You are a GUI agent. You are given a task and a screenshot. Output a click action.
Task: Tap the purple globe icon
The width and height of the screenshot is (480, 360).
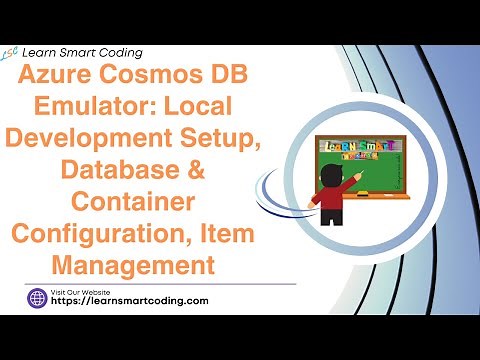[38, 297]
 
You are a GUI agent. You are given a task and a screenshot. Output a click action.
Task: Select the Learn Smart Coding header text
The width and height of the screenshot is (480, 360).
[85, 52]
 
